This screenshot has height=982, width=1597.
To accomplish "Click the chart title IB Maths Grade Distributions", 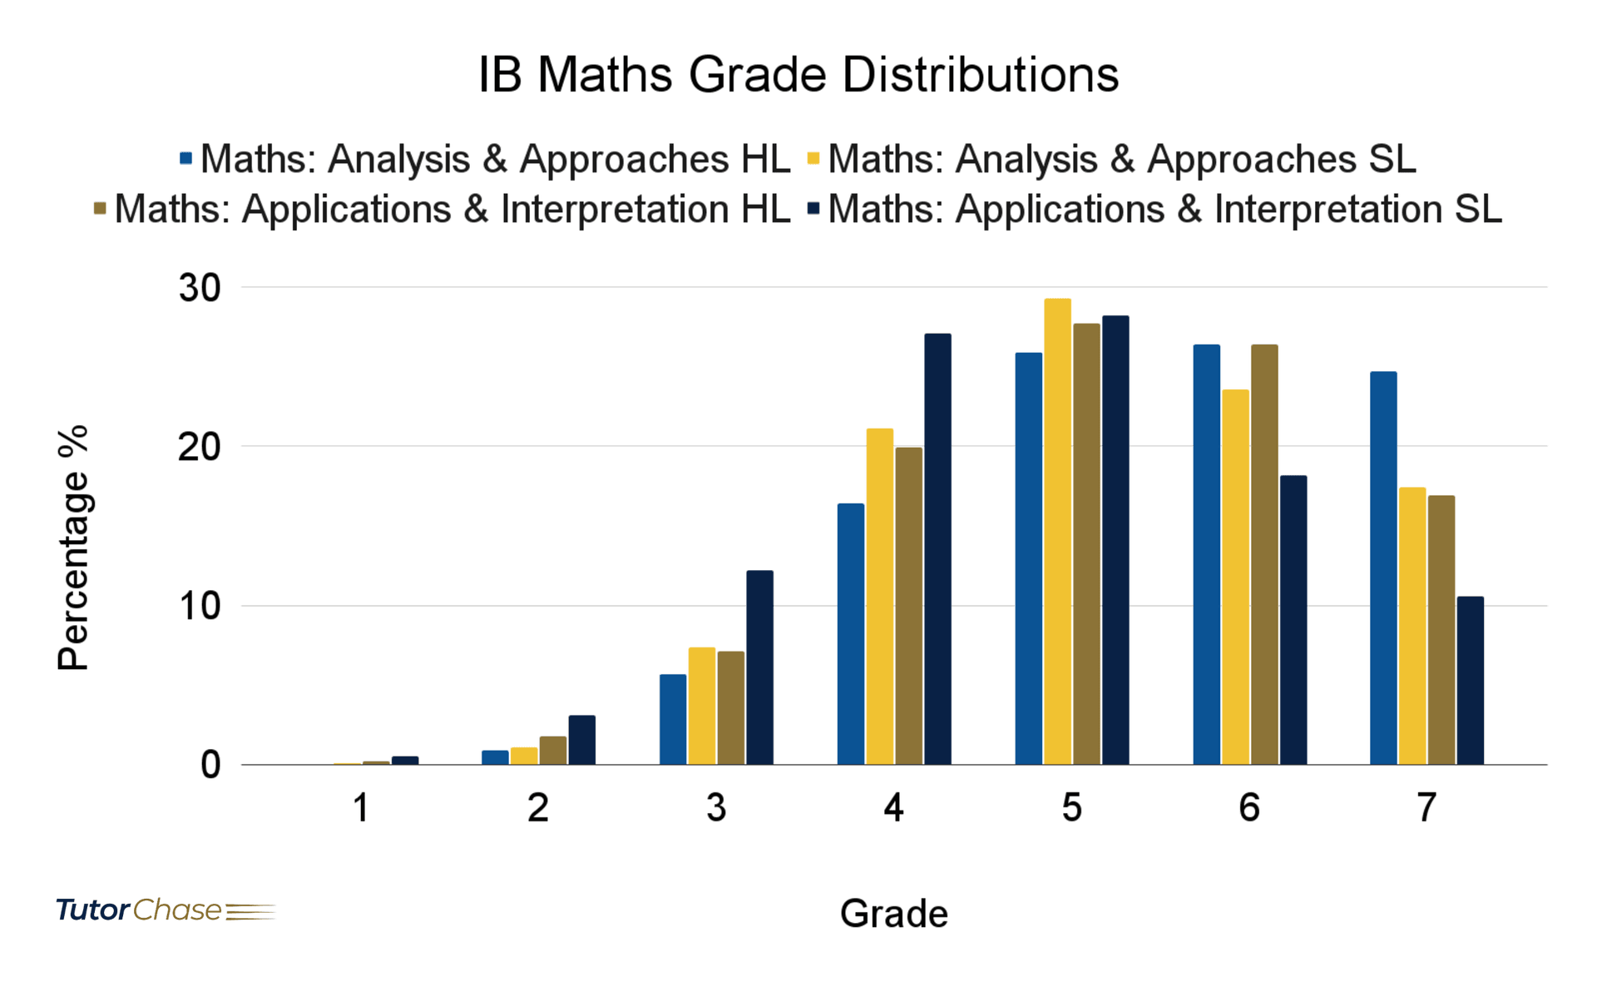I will [x=798, y=75].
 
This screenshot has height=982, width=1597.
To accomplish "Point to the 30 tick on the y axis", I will [x=200, y=288].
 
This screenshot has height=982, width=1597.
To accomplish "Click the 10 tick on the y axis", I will [x=200, y=606].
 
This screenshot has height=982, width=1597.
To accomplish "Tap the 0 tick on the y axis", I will [x=210, y=765].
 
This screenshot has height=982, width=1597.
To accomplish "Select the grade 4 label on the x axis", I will [x=893, y=807].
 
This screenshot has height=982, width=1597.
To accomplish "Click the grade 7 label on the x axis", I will [x=1426, y=807].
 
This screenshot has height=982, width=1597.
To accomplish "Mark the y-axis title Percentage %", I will [x=73, y=548].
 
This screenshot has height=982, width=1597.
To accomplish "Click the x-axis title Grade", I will [x=893, y=914].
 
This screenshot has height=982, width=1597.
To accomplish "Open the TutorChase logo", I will [x=165, y=910].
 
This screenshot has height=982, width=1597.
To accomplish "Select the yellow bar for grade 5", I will [x=1057, y=533].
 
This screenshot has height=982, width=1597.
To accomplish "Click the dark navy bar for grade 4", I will [x=937, y=549].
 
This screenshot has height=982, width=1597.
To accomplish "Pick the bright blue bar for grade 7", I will [x=1383, y=568].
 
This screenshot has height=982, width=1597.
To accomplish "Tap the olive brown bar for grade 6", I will [x=1264, y=555].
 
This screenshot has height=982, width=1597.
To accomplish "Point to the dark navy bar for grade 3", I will [x=759, y=667].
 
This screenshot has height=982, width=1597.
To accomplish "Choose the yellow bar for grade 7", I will [x=1412, y=626].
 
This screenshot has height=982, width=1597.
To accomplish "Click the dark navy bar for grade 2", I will [x=581, y=740].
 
